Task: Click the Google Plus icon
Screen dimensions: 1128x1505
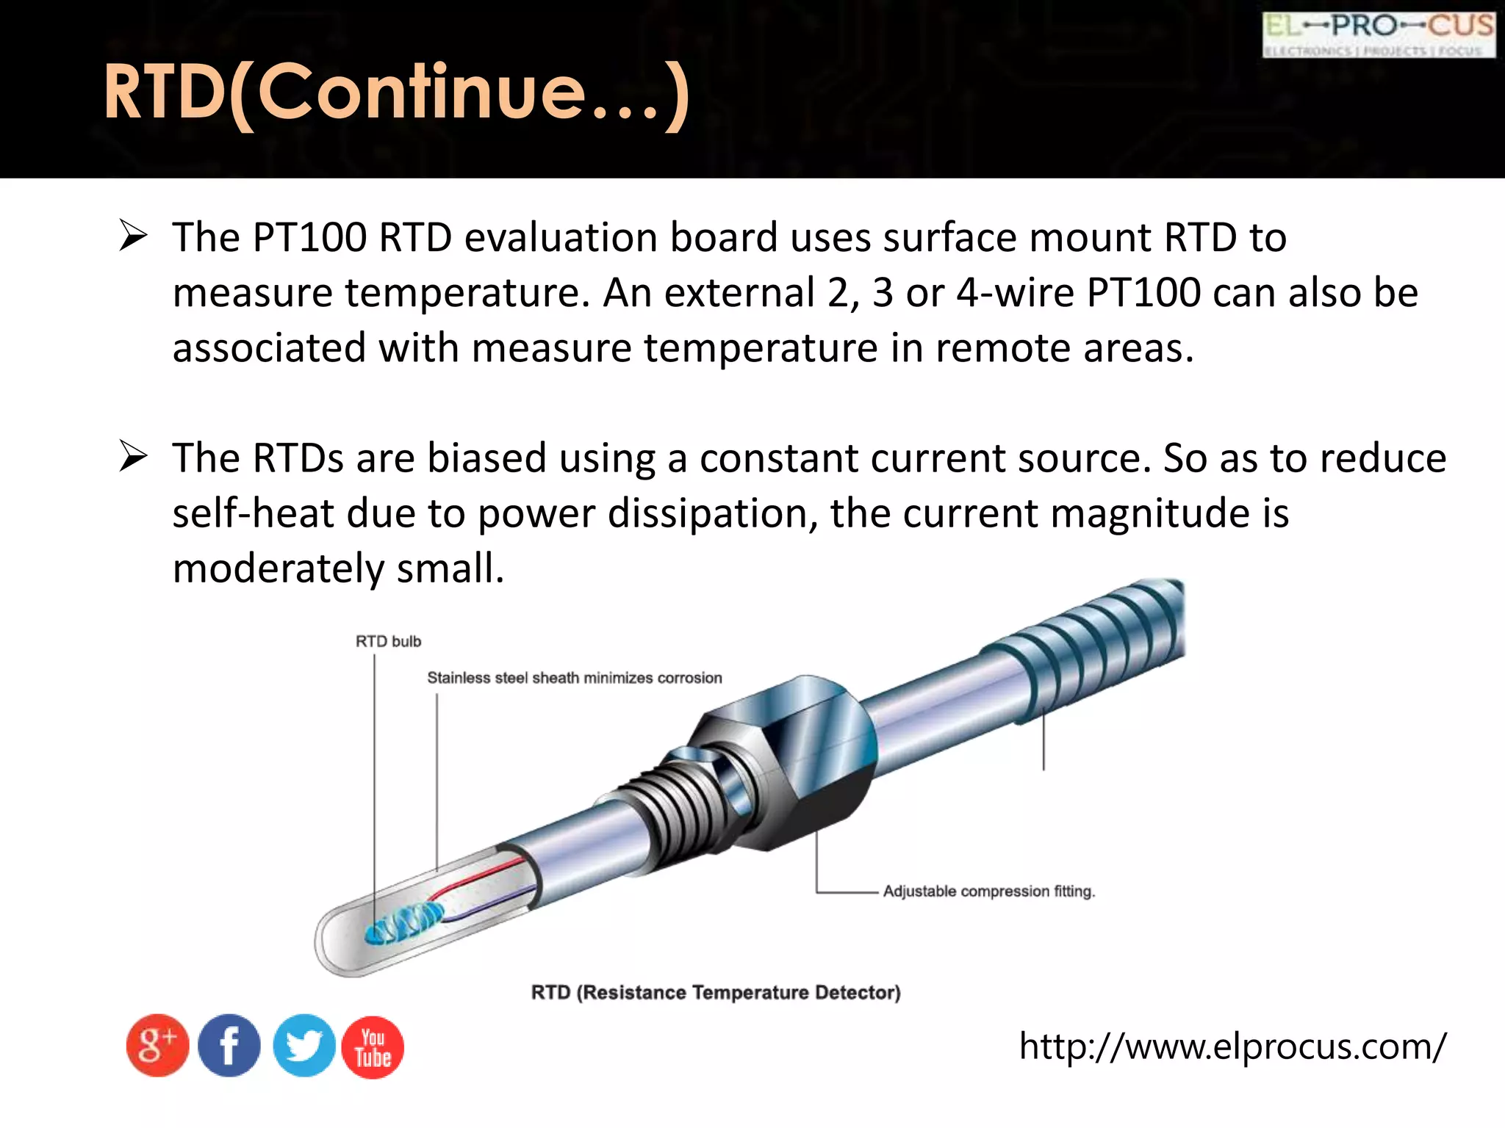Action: pyautogui.click(x=157, y=1046)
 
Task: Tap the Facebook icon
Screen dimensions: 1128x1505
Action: pyautogui.click(x=229, y=1046)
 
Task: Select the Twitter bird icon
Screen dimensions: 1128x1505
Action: pyautogui.click(x=303, y=1046)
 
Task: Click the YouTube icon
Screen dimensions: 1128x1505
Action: pyautogui.click(x=373, y=1047)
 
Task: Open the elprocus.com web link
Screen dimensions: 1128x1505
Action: pyautogui.click(x=1232, y=1046)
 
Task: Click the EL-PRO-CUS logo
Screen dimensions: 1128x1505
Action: pyautogui.click(x=1379, y=35)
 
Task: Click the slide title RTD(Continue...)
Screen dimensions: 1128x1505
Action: pyautogui.click(x=397, y=93)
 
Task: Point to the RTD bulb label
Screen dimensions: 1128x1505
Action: pyautogui.click(x=388, y=641)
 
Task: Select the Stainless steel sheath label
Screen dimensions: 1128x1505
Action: pyautogui.click(x=574, y=678)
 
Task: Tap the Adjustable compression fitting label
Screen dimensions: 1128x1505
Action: pyautogui.click(x=988, y=892)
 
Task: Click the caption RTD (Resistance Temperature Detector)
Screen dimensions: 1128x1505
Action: pyautogui.click(x=716, y=993)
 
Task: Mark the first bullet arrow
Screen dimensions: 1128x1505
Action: pyautogui.click(x=134, y=236)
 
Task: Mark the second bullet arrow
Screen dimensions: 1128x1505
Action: pyautogui.click(x=134, y=458)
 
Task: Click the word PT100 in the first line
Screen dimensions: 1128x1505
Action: pyautogui.click(x=309, y=238)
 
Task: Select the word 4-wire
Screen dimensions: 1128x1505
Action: pyautogui.click(x=1015, y=293)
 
